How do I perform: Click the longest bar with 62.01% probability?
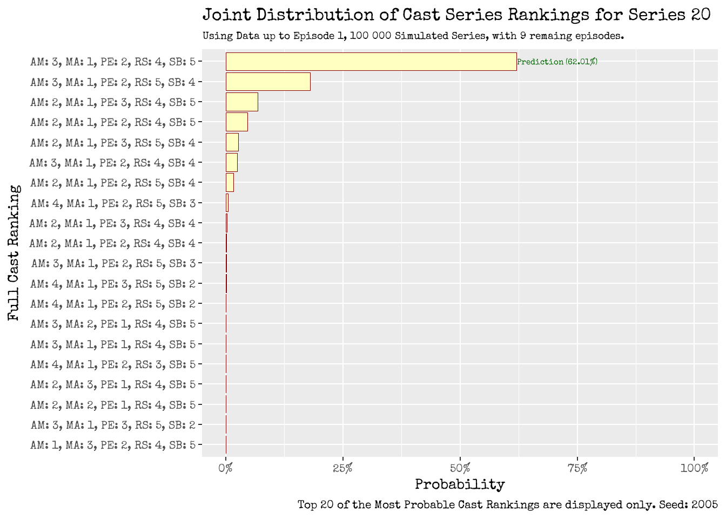click(x=371, y=62)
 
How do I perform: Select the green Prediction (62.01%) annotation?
click(x=557, y=62)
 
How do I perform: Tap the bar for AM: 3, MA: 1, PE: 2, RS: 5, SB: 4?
click(x=268, y=82)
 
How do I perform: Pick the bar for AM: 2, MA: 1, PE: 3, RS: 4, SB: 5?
click(x=241, y=102)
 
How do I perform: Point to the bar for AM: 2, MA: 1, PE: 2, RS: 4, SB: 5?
click(x=237, y=122)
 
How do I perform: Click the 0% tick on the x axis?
click(x=226, y=468)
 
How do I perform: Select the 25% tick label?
click(x=342, y=468)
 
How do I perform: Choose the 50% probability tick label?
click(x=460, y=468)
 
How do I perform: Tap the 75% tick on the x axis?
click(x=577, y=468)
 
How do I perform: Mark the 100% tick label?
click(x=694, y=468)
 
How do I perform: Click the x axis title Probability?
click(x=460, y=484)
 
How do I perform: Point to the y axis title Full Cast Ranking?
click(x=14, y=253)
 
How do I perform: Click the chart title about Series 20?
click(x=456, y=15)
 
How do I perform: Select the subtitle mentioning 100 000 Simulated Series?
click(x=413, y=36)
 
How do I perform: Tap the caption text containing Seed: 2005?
click(x=507, y=505)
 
